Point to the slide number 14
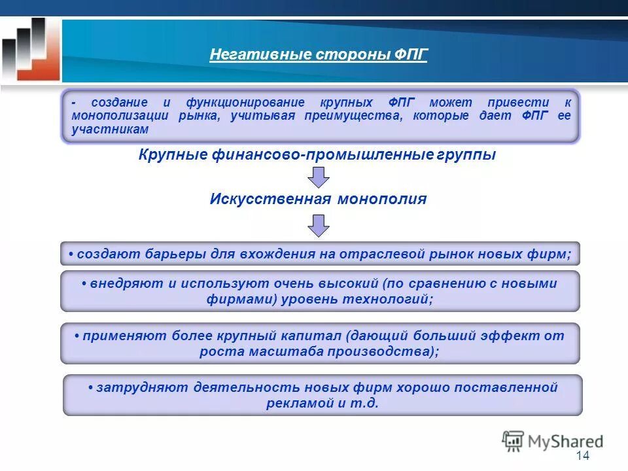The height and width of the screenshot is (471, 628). point(583,456)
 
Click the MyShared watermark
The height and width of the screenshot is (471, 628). point(552,441)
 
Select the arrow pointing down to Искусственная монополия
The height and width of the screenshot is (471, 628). point(319,177)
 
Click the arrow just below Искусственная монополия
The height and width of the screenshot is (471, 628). point(319,225)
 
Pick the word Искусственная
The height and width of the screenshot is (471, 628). point(270,199)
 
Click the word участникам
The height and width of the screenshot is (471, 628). point(111,129)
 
